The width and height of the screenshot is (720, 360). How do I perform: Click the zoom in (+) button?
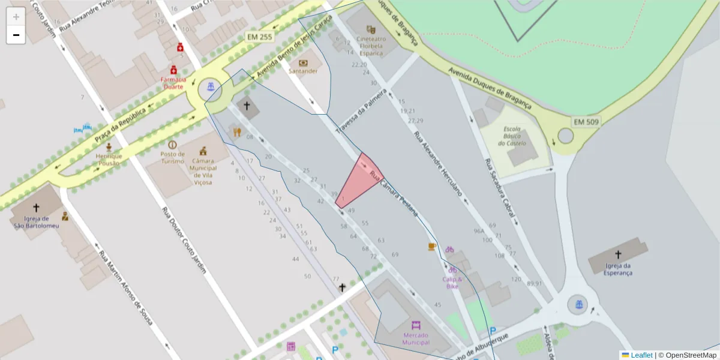tap(16, 17)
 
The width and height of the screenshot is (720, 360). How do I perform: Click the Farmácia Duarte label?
tap(173, 83)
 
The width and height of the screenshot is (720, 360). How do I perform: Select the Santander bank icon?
tap(303, 62)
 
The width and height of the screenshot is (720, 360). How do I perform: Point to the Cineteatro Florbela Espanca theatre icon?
tap(371, 29)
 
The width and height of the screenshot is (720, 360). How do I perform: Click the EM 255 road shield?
tap(260, 37)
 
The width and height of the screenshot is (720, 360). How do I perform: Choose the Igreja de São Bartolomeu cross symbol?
tap(36, 208)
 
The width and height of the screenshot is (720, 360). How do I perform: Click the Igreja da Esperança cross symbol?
tap(618, 254)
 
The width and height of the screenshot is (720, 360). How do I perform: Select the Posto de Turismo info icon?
tap(173, 145)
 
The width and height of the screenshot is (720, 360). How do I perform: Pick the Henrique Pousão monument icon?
tap(109, 147)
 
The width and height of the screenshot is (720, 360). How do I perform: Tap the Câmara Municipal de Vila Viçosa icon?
tap(204, 151)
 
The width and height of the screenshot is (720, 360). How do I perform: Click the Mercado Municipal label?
tap(416, 338)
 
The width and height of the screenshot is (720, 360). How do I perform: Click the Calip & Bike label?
tap(452, 283)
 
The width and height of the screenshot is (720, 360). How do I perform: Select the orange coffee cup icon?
tap(431, 247)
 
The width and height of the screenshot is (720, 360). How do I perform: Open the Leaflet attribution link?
tap(641, 355)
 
